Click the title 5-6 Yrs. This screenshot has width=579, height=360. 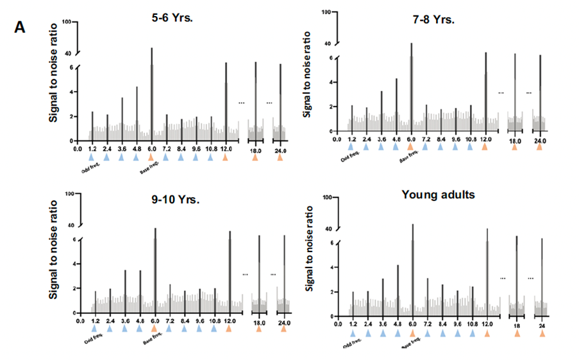(x=168, y=17)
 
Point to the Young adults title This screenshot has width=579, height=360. (x=438, y=194)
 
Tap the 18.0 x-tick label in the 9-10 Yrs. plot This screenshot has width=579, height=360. (x=259, y=323)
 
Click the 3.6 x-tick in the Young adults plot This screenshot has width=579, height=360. (x=383, y=325)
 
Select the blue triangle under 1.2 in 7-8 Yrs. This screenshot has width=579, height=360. (x=351, y=147)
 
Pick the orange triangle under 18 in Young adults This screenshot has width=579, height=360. (x=517, y=333)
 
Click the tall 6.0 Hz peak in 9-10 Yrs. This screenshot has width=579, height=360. (x=155, y=270)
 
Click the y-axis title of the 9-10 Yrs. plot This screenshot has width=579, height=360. (x=55, y=250)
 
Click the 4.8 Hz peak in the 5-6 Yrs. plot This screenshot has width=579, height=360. (x=137, y=113)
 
